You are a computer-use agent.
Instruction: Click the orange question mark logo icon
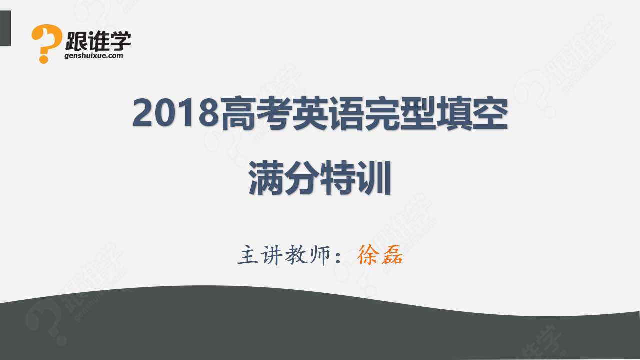point(46,43)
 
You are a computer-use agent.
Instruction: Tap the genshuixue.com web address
point(94,55)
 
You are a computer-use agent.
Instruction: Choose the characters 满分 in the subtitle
point(284,178)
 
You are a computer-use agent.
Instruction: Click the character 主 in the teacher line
point(248,255)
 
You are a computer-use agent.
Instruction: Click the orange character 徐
point(368,255)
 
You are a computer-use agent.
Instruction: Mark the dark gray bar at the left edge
point(5,28)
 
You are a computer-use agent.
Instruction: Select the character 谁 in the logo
point(98,41)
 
